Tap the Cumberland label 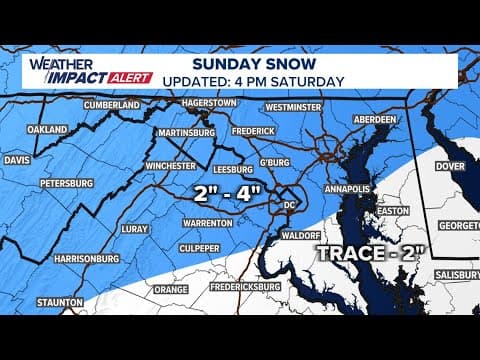[112, 105]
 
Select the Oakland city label [47, 129]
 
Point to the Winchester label [159, 167]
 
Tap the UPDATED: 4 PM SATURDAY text [254, 81]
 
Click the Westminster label [280, 103]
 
